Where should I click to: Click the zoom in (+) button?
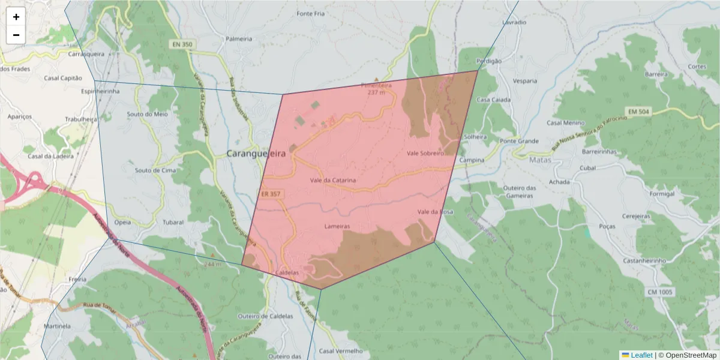[x=16, y=17]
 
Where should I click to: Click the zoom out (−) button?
[x=16, y=35]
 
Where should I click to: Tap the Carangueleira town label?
[x=256, y=154]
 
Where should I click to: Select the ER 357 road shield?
[x=271, y=194]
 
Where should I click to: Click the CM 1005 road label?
[x=660, y=292]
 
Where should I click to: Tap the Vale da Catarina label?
[x=333, y=180]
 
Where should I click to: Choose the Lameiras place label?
[x=337, y=227]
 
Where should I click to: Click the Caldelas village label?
[x=286, y=272]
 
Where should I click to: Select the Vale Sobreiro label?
[x=425, y=154]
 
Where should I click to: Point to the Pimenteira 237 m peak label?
[x=376, y=89]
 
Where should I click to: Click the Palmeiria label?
[x=239, y=39]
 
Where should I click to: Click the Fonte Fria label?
[x=310, y=14]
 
